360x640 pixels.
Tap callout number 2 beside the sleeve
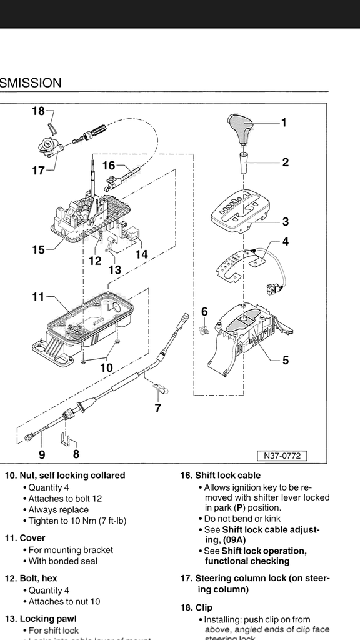pos(285,162)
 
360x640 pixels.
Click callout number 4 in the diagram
pos(285,241)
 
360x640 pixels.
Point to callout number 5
pos(285,360)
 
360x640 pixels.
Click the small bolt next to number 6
pos(204,329)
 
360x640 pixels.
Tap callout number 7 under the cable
pos(158,409)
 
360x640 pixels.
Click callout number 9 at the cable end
pos(42,455)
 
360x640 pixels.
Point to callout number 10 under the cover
pos(107,368)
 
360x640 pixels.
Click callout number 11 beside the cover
pos(38,297)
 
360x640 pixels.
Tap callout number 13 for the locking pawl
pos(115,270)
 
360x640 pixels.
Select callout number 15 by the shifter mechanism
pos(38,250)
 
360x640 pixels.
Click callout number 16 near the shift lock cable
pos(109,166)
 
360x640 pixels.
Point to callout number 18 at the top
pos(38,111)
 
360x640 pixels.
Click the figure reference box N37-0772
pos(282,456)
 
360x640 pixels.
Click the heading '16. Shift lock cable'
pos(221,475)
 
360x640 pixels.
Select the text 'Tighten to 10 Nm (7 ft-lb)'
pos(77,521)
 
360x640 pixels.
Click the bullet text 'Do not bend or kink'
pos(242,519)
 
